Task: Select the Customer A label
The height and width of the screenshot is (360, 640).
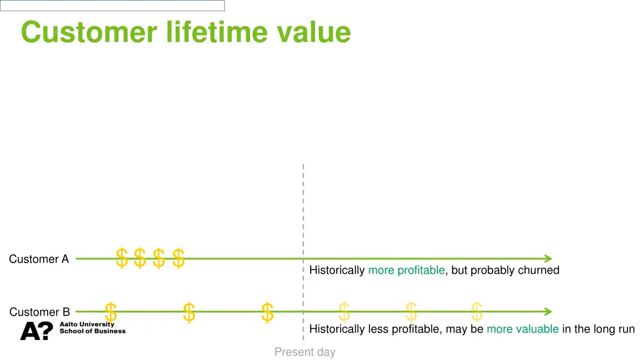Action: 39,259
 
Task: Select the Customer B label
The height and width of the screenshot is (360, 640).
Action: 39,312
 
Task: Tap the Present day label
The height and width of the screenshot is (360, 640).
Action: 304,352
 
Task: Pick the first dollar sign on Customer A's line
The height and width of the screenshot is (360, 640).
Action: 122,257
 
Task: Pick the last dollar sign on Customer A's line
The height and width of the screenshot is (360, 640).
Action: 178,257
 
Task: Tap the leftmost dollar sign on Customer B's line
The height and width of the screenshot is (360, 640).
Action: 111,312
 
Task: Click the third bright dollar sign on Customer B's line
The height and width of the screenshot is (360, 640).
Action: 267,312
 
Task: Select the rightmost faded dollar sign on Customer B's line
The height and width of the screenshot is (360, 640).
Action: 476,311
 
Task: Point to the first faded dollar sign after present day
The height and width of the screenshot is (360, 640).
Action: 344,311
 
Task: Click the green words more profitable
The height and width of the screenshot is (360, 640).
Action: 406,270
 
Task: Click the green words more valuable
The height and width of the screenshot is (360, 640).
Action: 522,329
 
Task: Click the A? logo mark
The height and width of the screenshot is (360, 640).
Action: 36,331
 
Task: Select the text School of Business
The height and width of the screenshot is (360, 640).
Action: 92,331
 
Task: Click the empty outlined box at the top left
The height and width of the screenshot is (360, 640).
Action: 112,6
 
